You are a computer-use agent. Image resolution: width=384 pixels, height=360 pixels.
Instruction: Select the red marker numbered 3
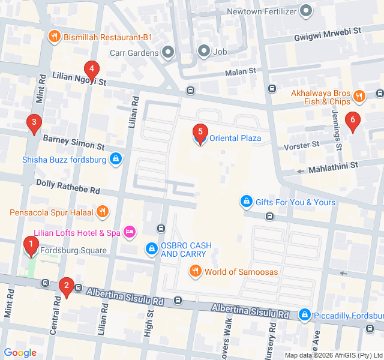pyautogui.click(x=34, y=124)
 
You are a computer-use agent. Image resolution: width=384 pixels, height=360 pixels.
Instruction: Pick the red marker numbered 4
pyautogui.click(x=91, y=69)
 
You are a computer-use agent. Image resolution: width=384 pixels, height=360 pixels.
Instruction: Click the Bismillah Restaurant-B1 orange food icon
pyautogui.click(x=54, y=37)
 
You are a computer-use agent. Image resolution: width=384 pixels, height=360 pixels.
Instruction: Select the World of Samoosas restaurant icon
pyautogui.click(x=195, y=272)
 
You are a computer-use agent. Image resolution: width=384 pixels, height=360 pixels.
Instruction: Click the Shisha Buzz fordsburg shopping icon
pyautogui.click(x=116, y=160)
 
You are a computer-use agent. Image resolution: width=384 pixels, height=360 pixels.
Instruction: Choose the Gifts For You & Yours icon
pyautogui.click(x=246, y=202)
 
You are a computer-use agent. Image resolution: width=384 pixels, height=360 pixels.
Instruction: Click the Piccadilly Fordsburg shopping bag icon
pyautogui.click(x=305, y=314)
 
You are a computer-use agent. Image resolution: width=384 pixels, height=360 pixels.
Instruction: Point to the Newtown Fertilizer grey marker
pyautogui.click(x=307, y=11)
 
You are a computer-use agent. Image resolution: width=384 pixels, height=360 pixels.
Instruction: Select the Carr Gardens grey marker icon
pyautogui.click(x=167, y=52)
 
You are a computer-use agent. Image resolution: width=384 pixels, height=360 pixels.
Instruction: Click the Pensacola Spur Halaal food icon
pyautogui.click(x=103, y=212)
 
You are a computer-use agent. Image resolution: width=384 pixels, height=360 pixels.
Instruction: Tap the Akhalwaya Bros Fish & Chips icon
pyautogui.click(x=359, y=96)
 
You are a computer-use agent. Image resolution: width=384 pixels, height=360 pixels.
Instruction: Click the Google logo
pyautogui.click(x=20, y=353)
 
